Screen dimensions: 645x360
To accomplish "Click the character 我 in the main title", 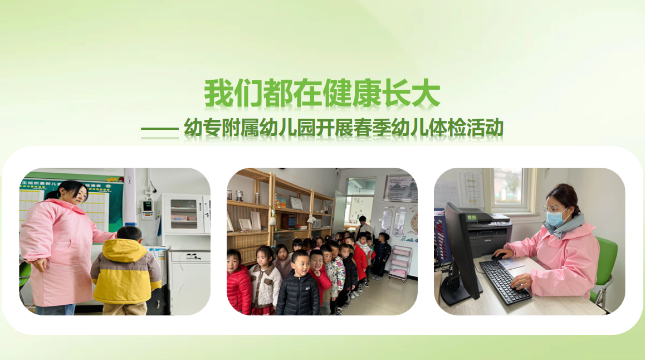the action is [x=218, y=94].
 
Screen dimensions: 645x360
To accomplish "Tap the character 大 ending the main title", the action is [x=426, y=94].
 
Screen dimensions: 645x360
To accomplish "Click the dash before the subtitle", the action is [x=160, y=129].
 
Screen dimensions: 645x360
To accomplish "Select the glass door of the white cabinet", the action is [x=184, y=214].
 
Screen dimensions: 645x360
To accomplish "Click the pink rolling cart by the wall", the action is [x=399, y=264].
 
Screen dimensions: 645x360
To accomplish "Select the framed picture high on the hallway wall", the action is [x=399, y=188].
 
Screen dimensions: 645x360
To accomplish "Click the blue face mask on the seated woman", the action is [x=556, y=218].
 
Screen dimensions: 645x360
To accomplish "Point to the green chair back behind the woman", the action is [x=604, y=264].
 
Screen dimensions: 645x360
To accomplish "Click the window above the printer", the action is [x=511, y=189].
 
